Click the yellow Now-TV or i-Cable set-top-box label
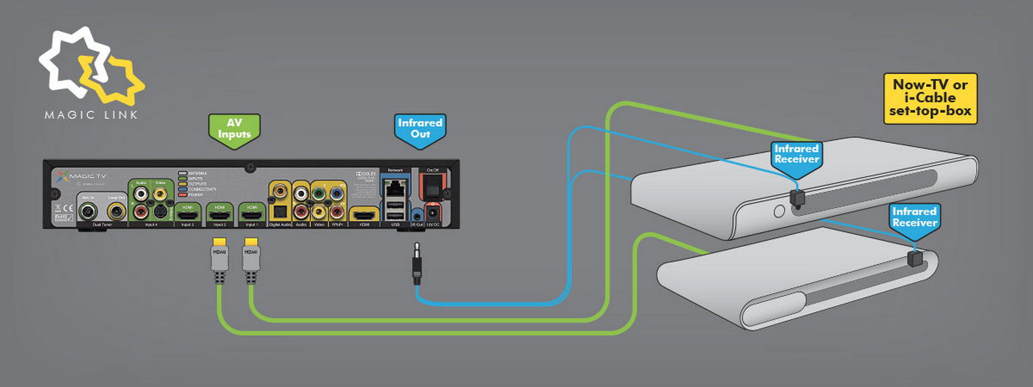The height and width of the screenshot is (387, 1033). pyautogui.click(x=930, y=97)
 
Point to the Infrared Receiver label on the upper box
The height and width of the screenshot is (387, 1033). pyautogui.click(x=795, y=153)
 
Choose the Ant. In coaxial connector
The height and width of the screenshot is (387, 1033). pyautogui.click(x=90, y=212)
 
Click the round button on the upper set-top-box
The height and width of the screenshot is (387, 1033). pyautogui.click(x=779, y=209)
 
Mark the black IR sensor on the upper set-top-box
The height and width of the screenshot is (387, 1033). pyautogui.click(x=795, y=198)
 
